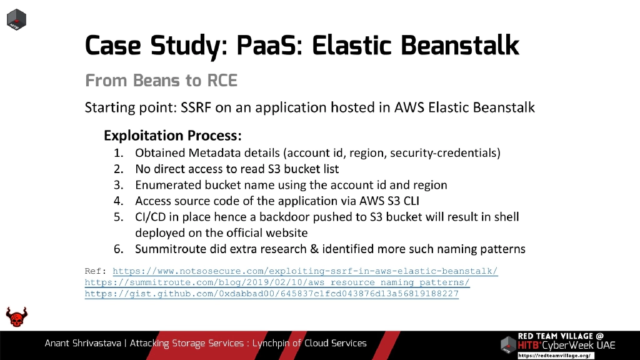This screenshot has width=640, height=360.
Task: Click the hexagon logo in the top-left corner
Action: tap(16, 19)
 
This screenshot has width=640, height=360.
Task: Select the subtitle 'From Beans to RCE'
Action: tap(161, 81)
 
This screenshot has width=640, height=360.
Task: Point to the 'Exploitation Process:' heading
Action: tap(172, 136)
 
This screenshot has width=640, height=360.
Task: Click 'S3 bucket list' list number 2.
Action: tap(118, 169)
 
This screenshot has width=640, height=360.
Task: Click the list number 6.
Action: tap(118, 249)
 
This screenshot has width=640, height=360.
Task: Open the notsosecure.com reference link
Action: tap(305, 272)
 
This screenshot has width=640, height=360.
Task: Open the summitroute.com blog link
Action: tap(277, 282)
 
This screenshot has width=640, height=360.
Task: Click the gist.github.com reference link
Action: tap(271, 293)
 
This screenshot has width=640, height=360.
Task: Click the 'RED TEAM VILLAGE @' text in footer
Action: tap(561, 336)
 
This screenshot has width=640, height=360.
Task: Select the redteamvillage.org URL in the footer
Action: tap(554, 355)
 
